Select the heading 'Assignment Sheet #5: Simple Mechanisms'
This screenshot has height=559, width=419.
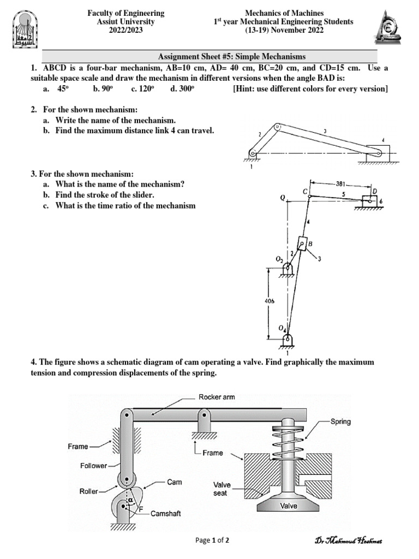click(x=231, y=56)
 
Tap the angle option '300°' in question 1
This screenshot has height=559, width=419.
click(x=182, y=89)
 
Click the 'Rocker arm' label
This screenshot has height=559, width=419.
click(x=217, y=397)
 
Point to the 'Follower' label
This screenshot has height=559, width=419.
click(x=92, y=466)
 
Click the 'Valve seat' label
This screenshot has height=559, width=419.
click(x=224, y=488)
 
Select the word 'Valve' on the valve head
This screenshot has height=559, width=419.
click(x=289, y=506)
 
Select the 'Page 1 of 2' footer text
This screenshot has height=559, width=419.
click(x=212, y=540)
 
